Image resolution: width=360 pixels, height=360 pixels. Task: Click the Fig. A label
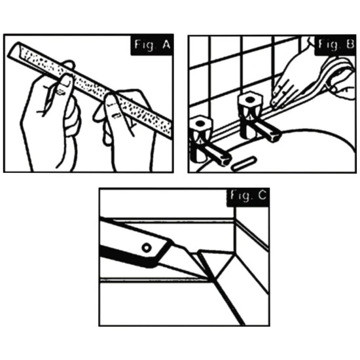[153, 45]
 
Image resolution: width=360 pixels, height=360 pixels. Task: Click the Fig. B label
[336, 45]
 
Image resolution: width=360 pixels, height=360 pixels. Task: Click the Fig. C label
[248, 196]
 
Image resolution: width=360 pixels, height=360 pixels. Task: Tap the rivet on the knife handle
[147, 247]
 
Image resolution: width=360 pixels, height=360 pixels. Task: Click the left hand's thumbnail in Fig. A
[67, 81]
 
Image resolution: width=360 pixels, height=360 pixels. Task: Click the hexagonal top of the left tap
[200, 124]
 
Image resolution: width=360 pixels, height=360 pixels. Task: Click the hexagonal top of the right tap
[250, 99]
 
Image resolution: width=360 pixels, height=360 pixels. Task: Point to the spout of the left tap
[216, 154]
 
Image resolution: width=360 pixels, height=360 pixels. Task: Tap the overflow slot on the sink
[243, 164]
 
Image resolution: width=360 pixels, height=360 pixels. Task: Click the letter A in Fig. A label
[166, 45]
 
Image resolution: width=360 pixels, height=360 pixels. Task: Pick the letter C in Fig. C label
[262, 196]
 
